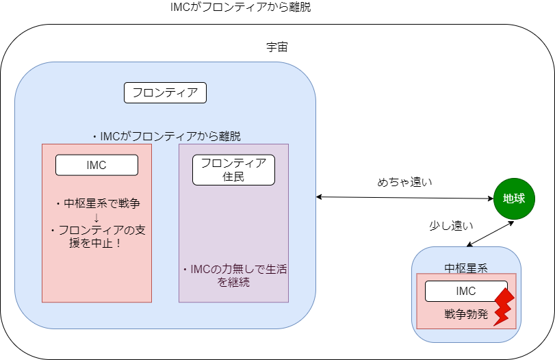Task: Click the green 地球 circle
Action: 514,198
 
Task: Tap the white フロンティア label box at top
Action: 165,93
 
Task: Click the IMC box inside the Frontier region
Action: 96,165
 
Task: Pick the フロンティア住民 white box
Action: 233,170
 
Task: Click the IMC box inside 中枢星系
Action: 466,291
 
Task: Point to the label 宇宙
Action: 277,47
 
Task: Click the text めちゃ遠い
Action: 404,182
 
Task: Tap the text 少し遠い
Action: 451,225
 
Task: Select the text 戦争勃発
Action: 466,314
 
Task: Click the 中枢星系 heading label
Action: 466,268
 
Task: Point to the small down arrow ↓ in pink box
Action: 96,218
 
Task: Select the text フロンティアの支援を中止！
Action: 96,236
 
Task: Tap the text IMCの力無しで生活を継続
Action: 233,275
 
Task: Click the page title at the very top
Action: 240,7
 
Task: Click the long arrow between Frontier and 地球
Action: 404,198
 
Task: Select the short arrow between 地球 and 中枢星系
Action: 490,233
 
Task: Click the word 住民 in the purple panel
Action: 233,177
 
